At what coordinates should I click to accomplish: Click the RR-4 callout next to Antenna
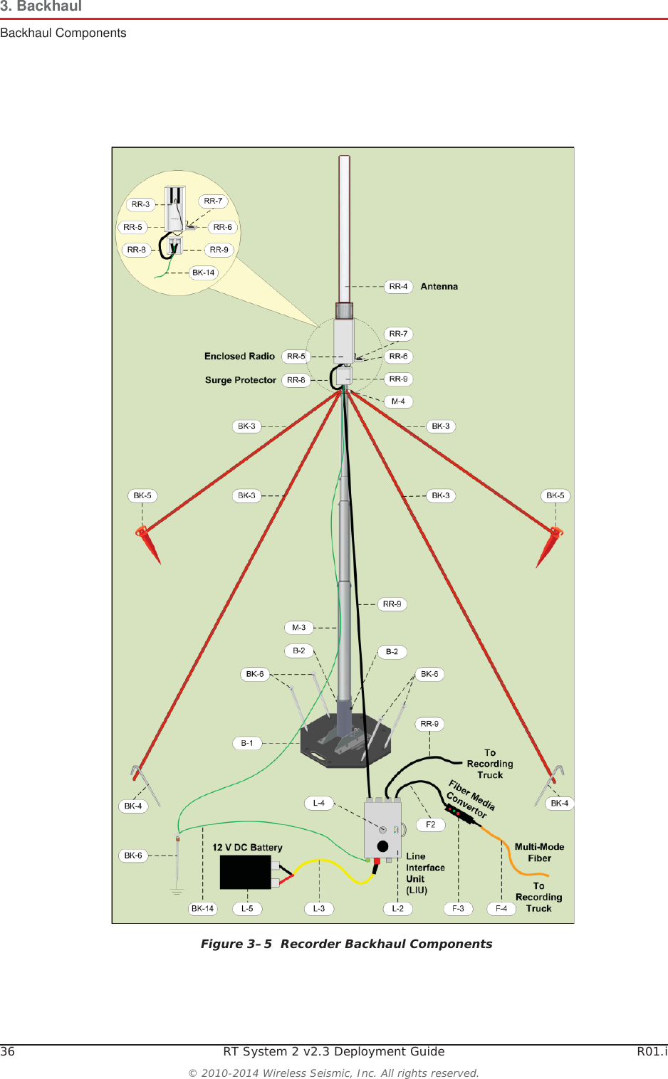coord(398,287)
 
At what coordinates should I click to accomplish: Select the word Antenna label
coord(439,287)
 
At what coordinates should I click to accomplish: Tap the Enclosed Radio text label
coord(239,357)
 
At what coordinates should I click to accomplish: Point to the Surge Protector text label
coord(240,380)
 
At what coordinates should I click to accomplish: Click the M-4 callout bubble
coord(398,402)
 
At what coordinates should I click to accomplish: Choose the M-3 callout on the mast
coord(298,628)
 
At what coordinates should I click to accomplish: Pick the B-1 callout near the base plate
coord(246,743)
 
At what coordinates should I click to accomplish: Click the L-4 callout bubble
coord(318,803)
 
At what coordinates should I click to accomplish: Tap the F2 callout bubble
coord(430,824)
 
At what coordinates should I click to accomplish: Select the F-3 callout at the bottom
coord(458,909)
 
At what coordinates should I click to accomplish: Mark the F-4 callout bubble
coord(501,909)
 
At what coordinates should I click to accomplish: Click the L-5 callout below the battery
coord(247,909)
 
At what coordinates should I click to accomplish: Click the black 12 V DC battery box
coord(246,872)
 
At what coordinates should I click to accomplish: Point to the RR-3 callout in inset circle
coord(140,204)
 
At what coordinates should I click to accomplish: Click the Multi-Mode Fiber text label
coord(539,853)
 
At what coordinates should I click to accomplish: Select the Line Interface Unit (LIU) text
coord(424,873)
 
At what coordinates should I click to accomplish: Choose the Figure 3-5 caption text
coord(346,944)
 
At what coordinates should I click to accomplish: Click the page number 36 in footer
coord(8,1052)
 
